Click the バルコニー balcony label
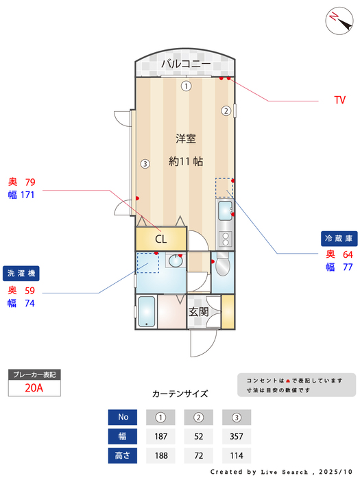click(x=186, y=64)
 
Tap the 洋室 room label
click(x=185, y=139)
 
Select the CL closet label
click(x=160, y=239)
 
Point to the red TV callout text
click(x=339, y=100)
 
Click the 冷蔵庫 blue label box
click(x=339, y=239)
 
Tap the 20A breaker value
click(x=34, y=388)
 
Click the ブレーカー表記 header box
click(x=34, y=375)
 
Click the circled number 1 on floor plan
click(x=186, y=86)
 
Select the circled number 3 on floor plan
click(x=145, y=164)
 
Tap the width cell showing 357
click(x=237, y=436)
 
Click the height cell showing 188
click(x=161, y=455)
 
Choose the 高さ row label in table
click(x=123, y=455)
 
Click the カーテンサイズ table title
click(x=180, y=394)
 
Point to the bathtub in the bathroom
click(x=146, y=313)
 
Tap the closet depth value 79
click(x=29, y=182)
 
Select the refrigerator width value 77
click(x=348, y=267)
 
